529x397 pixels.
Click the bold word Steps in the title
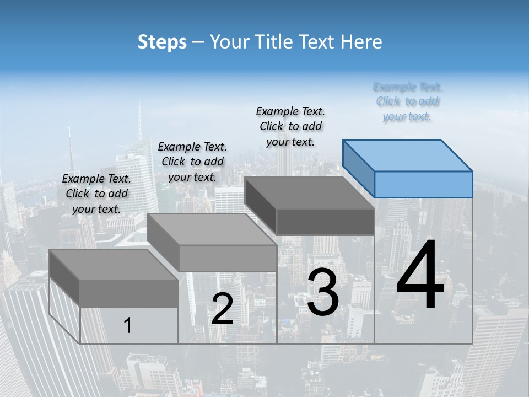pos(162,42)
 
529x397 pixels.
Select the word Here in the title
pos(361,42)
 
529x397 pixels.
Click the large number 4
pos(420,276)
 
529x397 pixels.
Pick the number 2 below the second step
pos(222,309)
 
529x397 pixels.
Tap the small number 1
pos(128,326)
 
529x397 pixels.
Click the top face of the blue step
pos(408,155)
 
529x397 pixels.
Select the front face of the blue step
pos(423,184)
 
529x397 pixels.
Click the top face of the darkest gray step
pos(309,194)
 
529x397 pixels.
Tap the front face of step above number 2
pos(228,258)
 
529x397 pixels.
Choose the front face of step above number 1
pos(129,293)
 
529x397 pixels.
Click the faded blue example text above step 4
pos(407,101)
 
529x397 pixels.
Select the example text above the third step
pos(290,126)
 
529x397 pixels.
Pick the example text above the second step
pos(192,162)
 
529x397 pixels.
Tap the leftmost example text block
pos(96,194)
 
